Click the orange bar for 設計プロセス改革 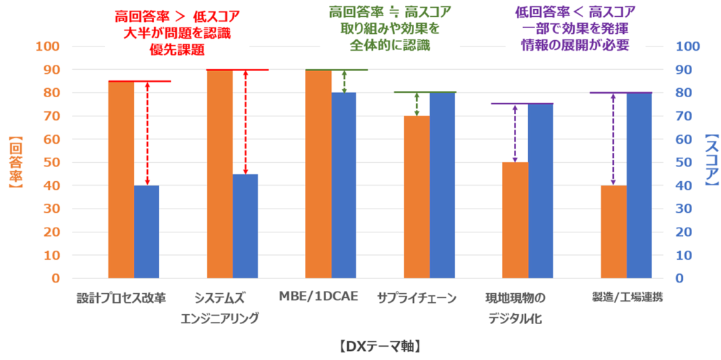tap(121, 180)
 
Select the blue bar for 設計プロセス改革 tap(146, 232)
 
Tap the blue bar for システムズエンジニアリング tap(245, 226)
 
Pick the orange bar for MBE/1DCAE tap(318, 174)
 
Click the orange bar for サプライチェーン tap(417, 197)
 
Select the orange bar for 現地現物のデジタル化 tap(515, 221)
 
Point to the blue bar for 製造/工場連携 tap(639, 185)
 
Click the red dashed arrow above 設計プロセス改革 tap(147, 134)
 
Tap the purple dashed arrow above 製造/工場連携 tap(613, 139)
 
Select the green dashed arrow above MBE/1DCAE tap(344, 82)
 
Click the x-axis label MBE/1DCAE tap(319, 296)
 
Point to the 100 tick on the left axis tap(52, 46)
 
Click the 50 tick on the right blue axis tap(685, 163)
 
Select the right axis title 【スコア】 tap(710, 163)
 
